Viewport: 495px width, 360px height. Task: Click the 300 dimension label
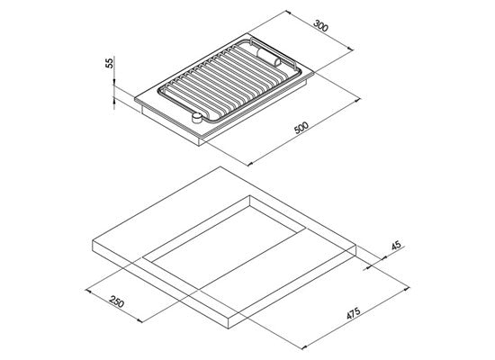pyautogui.click(x=321, y=26)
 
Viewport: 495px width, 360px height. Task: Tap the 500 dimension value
pyautogui.click(x=301, y=127)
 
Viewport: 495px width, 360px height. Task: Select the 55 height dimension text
pyautogui.click(x=109, y=63)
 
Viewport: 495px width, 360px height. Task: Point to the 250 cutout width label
pyautogui.click(x=116, y=301)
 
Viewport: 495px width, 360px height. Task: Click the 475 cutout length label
pyautogui.click(x=354, y=313)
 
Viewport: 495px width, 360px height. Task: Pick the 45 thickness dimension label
pyautogui.click(x=396, y=246)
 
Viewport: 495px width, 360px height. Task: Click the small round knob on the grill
pyautogui.click(x=197, y=118)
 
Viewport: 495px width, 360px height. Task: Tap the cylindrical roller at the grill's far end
pyautogui.click(x=269, y=58)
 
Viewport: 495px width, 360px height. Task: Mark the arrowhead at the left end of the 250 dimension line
pyautogui.click(x=88, y=291)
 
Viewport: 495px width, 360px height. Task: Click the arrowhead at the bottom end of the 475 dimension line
pyautogui.click(x=304, y=347)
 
